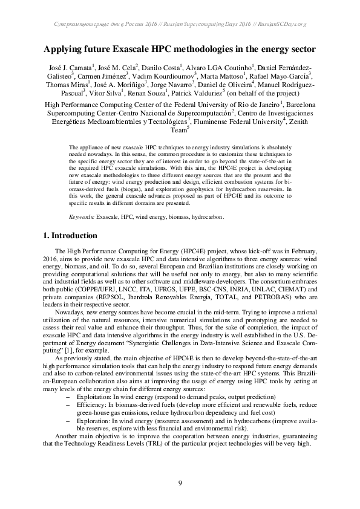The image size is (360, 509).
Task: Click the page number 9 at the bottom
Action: pyautogui.click(x=180, y=482)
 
